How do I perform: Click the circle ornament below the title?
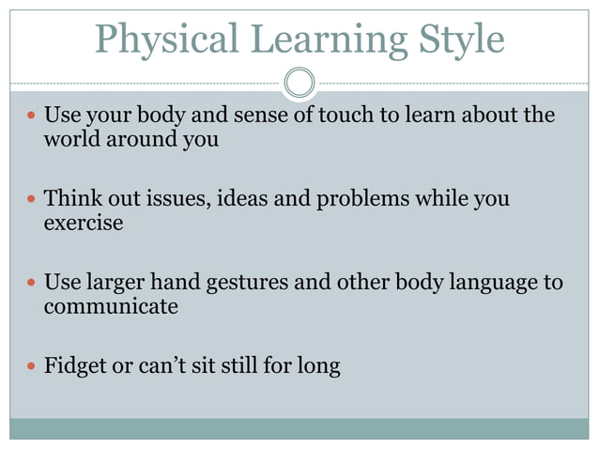click(299, 82)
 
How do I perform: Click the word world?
click(70, 141)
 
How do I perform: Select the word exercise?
click(84, 224)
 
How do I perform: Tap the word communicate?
click(111, 307)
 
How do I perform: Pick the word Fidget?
click(76, 365)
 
